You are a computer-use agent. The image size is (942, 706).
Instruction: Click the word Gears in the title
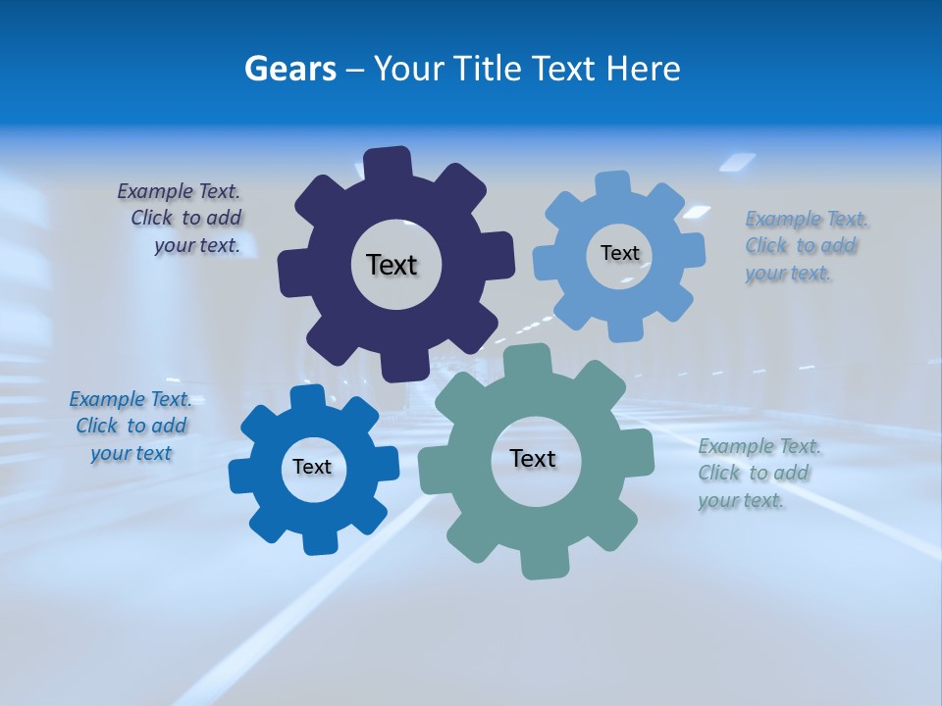(x=289, y=69)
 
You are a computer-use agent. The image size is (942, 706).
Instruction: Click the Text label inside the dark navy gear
(x=392, y=265)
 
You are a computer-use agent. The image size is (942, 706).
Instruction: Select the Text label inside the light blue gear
(x=619, y=253)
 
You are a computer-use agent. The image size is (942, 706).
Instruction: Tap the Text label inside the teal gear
(x=533, y=459)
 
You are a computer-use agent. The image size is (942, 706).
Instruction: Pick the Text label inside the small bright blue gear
(x=312, y=467)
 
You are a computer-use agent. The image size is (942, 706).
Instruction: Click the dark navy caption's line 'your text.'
(x=197, y=245)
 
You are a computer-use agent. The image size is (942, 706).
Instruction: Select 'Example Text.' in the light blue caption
(x=807, y=219)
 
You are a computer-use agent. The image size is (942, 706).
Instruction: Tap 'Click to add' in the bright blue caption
(x=131, y=426)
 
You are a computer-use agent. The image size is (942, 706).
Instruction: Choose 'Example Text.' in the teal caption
(x=759, y=446)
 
